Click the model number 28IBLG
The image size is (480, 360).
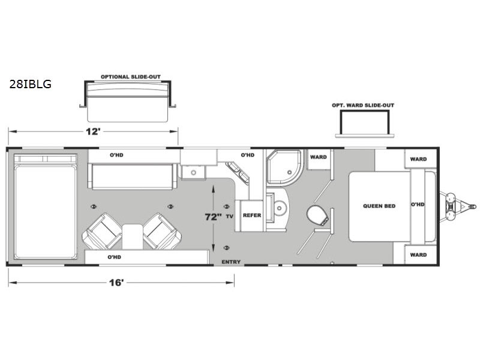30,84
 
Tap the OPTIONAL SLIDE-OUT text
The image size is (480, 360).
125,77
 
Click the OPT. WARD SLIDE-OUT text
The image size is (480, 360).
362,105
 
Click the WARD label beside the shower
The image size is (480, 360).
318,157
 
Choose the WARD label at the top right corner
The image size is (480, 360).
418,159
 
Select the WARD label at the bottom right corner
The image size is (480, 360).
418,254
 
